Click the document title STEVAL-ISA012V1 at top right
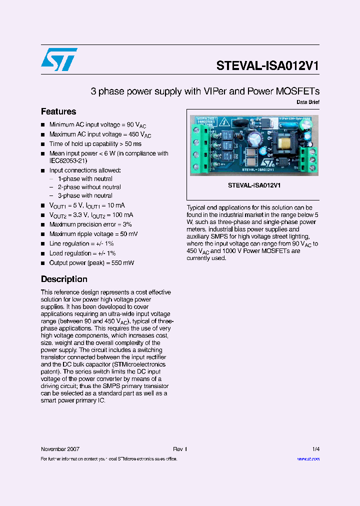coord(267,66)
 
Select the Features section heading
coord(58,111)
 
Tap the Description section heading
coord(64,279)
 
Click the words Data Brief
coord(307,102)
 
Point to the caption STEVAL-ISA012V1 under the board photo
coord(254,185)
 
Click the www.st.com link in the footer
coord(308,459)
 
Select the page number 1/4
coord(315,449)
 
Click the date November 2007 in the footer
coord(60,449)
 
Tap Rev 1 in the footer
coord(179,449)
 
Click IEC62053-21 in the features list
coord(68,160)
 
